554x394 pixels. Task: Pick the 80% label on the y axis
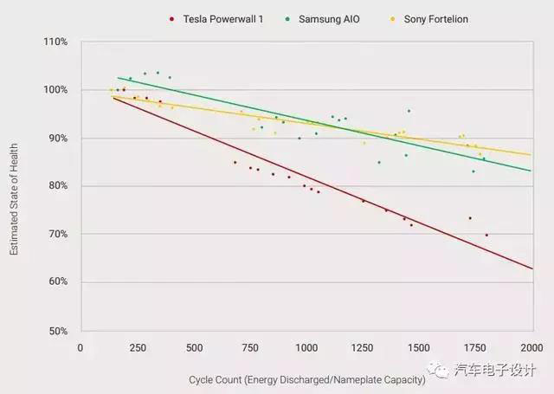[57, 186]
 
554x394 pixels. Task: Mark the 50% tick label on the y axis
[57, 331]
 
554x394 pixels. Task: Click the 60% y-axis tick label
[57, 282]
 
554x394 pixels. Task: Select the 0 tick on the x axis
[81, 348]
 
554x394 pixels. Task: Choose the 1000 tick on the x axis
[306, 348]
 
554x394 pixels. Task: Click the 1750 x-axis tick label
[475, 348]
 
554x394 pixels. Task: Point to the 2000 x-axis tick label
[531, 348]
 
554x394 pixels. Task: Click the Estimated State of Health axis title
[15, 186]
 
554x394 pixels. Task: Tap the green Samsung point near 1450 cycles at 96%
[409, 111]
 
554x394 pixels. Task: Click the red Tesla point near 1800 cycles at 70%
[486, 235]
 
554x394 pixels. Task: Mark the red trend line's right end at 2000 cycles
[531, 268]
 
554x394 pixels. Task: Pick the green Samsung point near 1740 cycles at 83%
[473, 171]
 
